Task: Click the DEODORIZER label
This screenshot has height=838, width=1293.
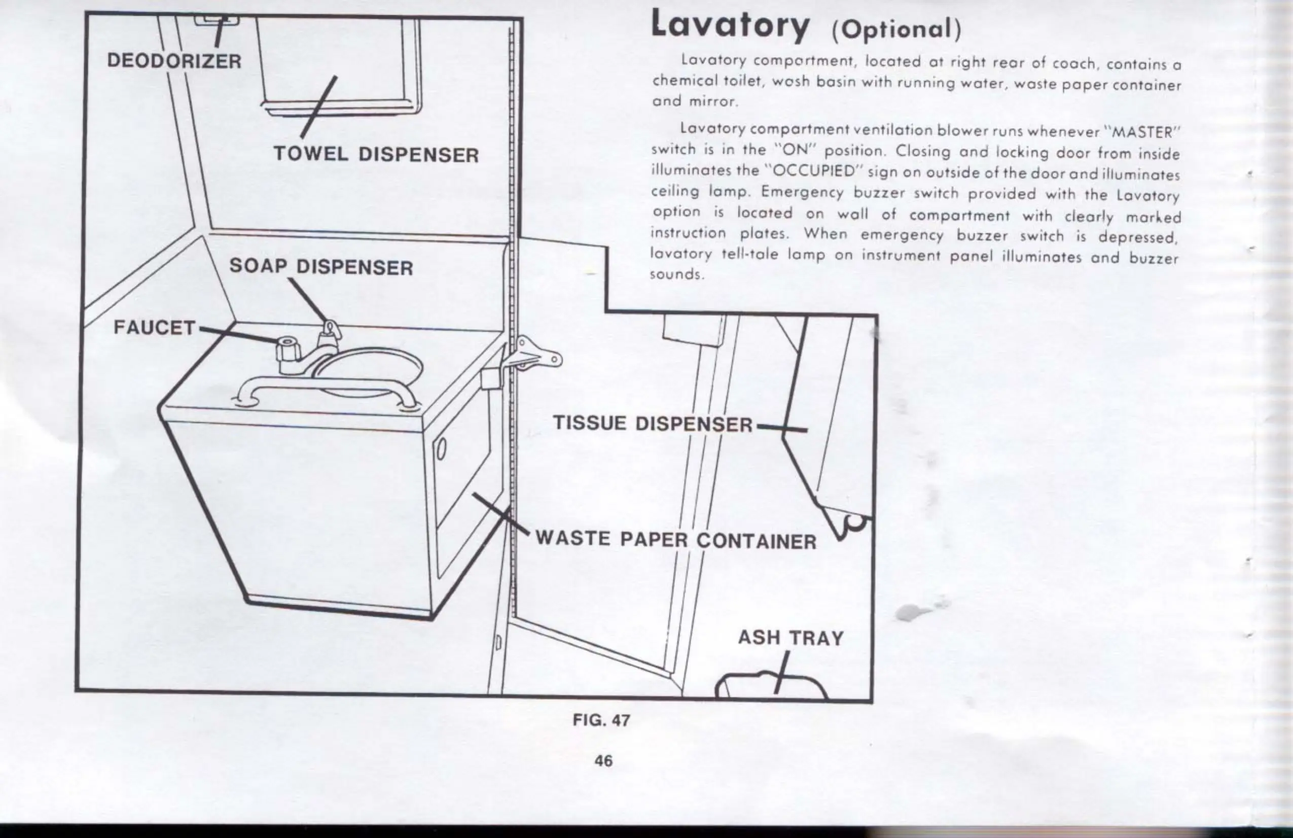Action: click(x=174, y=60)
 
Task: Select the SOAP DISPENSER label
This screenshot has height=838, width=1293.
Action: click(x=320, y=267)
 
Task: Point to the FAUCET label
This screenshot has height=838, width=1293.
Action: click(x=154, y=328)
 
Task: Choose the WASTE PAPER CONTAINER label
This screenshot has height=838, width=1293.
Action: click(x=676, y=540)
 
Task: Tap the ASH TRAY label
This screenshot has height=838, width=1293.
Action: click(x=791, y=638)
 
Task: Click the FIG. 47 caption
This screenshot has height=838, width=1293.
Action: click(x=601, y=721)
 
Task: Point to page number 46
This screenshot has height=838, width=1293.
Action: click(x=603, y=761)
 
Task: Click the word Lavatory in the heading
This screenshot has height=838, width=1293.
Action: click(x=730, y=26)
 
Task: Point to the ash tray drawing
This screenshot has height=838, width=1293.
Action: click(x=771, y=687)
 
